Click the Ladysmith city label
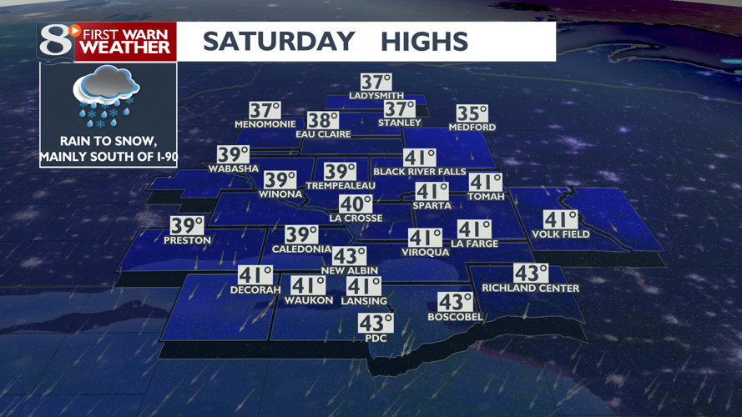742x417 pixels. pyautogui.click(x=376, y=96)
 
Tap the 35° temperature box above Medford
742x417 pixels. pyautogui.click(x=472, y=114)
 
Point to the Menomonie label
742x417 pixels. pyautogui.click(x=265, y=124)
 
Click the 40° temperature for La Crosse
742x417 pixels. pyautogui.click(x=355, y=204)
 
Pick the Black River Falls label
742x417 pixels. pyautogui.click(x=420, y=172)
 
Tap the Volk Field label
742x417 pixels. pyautogui.click(x=560, y=234)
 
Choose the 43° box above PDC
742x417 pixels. pyautogui.click(x=375, y=324)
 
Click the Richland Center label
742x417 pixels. pyautogui.click(x=530, y=289)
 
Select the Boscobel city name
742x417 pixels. pyautogui.click(x=456, y=317)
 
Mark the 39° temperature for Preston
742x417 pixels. pyautogui.click(x=187, y=226)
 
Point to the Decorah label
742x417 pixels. pyautogui.click(x=255, y=290)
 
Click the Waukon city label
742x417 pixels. pyautogui.click(x=308, y=300)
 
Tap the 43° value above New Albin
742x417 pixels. pyautogui.click(x=349, y=257)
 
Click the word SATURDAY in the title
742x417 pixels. pyautogui.click(x=278, y=42)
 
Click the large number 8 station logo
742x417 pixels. pyautogui.click(x=55, y=41)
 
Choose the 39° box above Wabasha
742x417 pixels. pyautogui.click(x=233, y=155)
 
